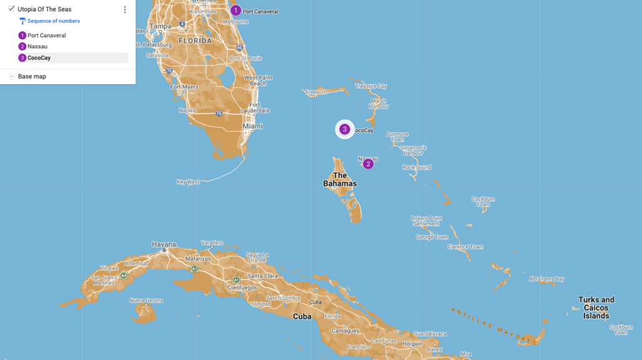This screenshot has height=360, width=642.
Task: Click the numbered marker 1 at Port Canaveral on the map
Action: point(236,10)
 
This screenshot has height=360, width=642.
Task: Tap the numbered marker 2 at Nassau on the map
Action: point(368,164)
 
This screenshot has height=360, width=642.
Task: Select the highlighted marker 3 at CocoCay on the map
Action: point(344,129)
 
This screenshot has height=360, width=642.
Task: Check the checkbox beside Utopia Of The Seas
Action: point(11,9)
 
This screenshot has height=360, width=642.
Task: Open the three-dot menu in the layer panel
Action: point(125,9)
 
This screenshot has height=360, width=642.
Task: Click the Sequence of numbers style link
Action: point(53,21)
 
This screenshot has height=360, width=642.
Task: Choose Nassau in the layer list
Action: point(37,46)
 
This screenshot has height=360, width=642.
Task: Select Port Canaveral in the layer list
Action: point(46,35)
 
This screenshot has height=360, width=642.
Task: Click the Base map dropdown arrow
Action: point(12,77)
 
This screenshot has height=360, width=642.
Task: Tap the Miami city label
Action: point(253,126)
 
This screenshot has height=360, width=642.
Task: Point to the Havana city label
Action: point(164,244)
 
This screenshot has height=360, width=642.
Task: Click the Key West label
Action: point(188,182)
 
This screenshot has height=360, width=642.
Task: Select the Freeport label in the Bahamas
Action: point(315,92)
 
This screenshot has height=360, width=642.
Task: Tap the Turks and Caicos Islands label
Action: point(596,307)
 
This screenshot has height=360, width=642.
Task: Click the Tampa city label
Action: point(160,26)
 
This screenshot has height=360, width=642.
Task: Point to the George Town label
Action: point(432,237)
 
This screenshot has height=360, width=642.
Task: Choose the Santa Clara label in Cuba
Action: point(263,276)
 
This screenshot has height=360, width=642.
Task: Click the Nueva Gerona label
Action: point(145,300)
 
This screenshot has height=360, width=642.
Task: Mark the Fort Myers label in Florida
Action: point(184,87)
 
